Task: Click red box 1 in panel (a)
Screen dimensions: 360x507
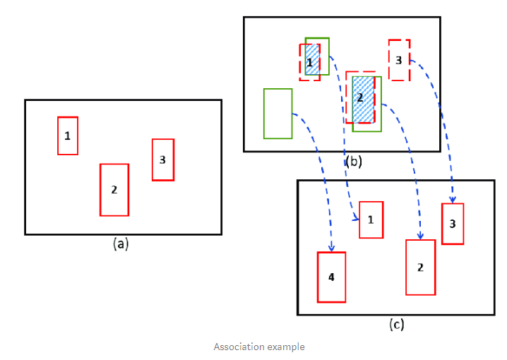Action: (68, 136)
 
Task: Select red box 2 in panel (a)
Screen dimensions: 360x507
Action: (114, 189)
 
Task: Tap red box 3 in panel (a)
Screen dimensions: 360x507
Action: (162, 160)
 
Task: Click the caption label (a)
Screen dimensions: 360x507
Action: (121, 244)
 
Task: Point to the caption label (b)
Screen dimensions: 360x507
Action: (353, 161)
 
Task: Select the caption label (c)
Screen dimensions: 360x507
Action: (397, 324)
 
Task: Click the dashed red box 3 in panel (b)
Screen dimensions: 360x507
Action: (399, 60)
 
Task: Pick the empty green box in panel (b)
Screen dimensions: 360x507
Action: (278, 113)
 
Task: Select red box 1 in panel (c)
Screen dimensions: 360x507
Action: (371, 220)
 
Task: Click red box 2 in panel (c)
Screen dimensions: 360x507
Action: (420, 267)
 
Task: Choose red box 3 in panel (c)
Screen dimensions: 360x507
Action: (453, 224)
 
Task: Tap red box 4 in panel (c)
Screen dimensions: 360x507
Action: (331, 277)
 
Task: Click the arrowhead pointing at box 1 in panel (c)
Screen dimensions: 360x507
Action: (355, 220)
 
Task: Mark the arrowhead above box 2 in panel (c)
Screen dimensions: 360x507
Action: (421, 236)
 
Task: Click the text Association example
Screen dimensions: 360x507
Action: (259, 347)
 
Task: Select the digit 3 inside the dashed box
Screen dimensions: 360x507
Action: (398, 60)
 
